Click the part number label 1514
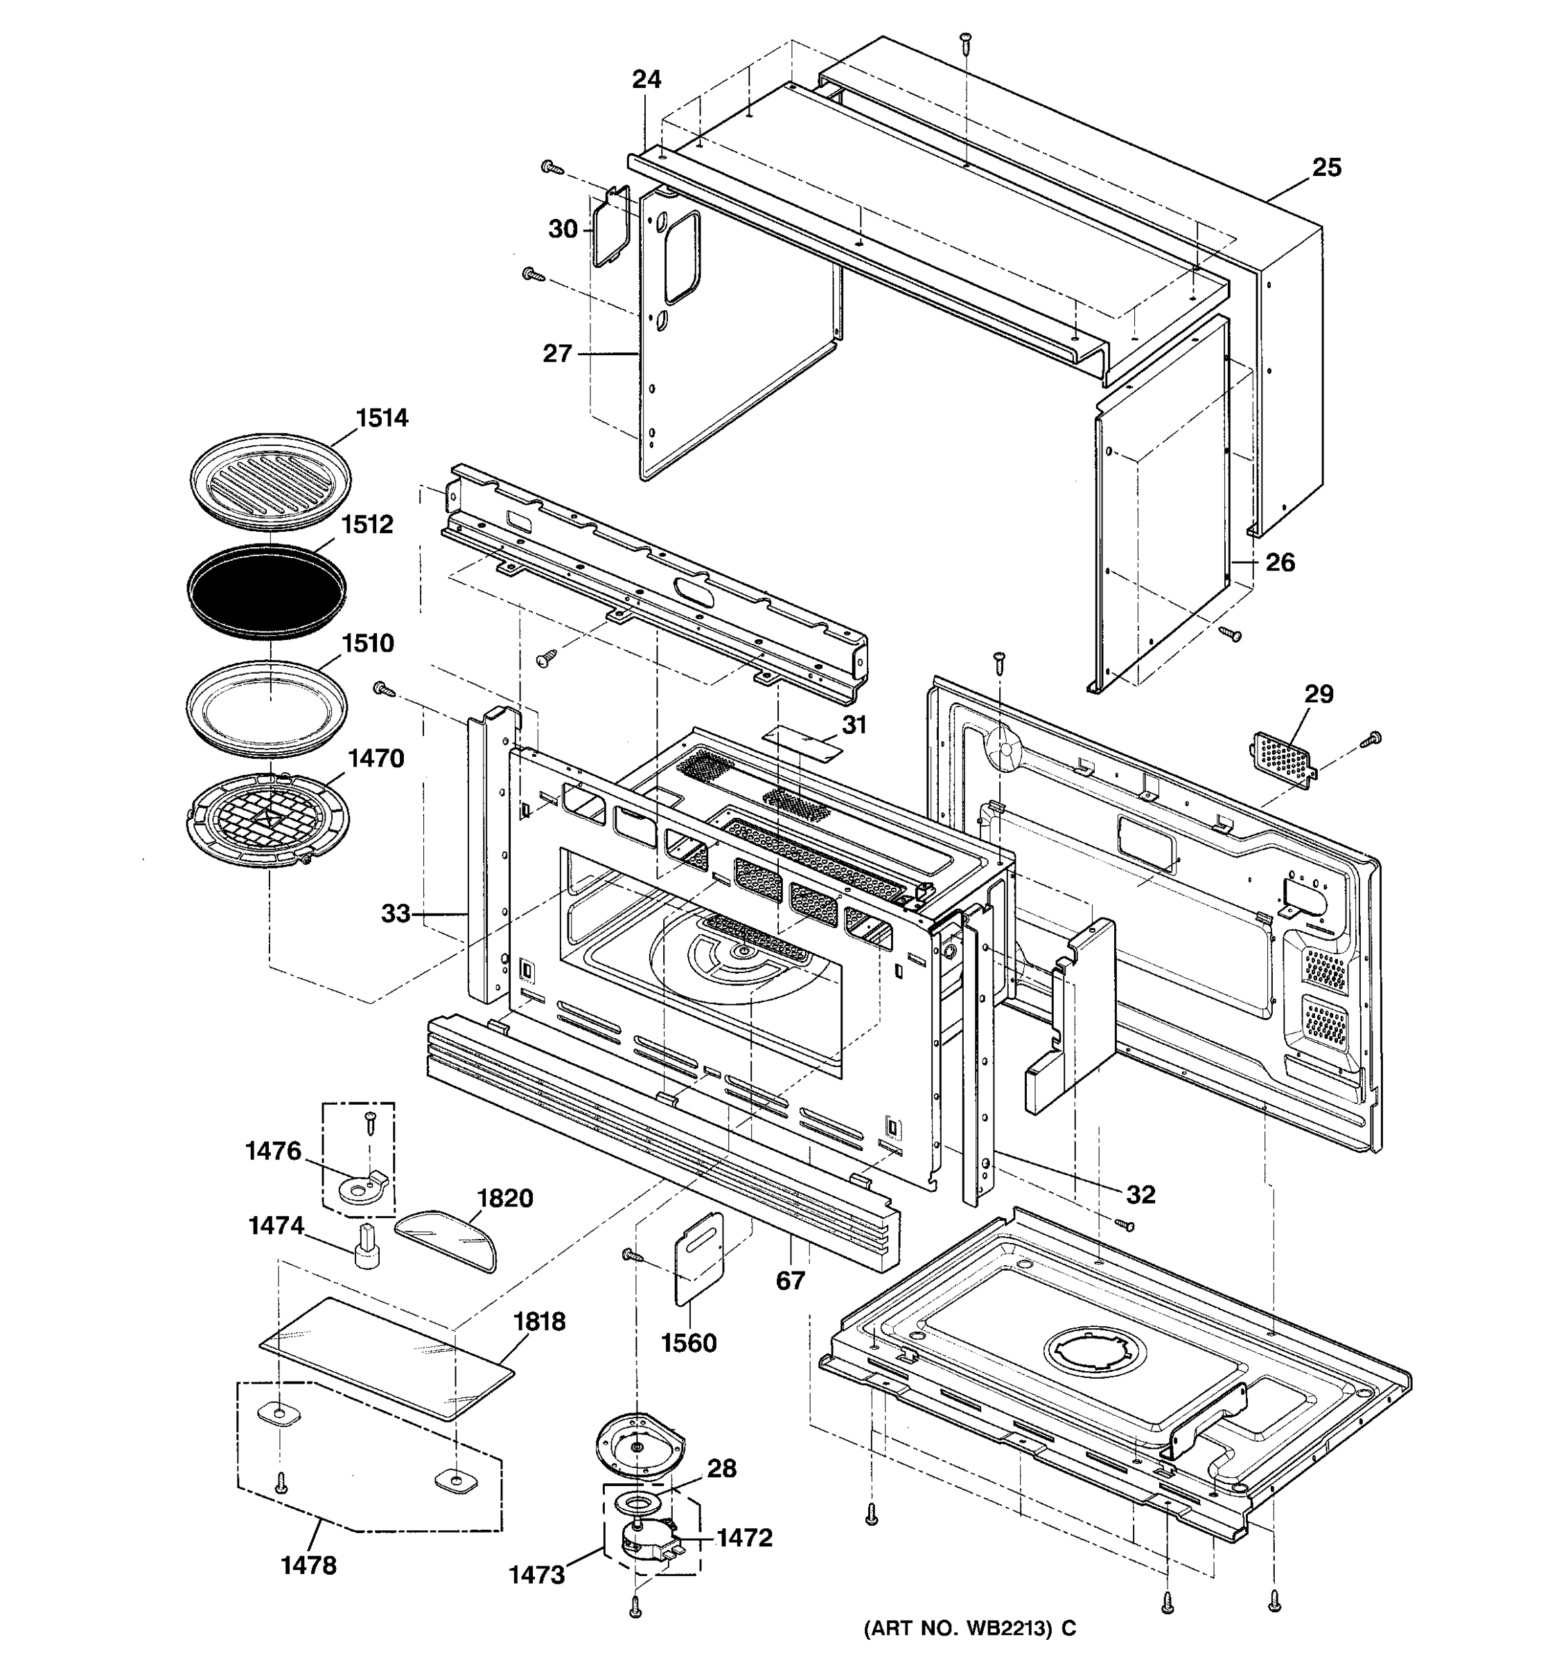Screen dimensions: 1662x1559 [382, 418]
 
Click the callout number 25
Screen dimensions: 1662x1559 [1326, 168]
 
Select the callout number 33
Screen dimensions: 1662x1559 [396, 914]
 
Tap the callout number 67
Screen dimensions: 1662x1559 [791, 1280]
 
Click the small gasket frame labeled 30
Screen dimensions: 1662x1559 [611, 226]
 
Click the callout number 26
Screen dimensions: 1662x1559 [1280, 562]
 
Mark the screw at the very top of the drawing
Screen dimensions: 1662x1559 [965, 39]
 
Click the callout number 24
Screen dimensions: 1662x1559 [646, 80]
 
